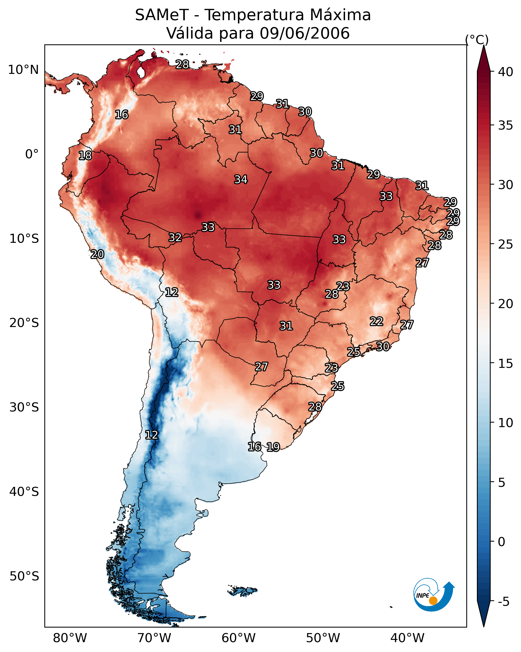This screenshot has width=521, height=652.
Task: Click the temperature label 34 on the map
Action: (241, 179)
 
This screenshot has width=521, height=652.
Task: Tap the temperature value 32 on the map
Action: (175, 238)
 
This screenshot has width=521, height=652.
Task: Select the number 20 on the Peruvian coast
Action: (97, 254)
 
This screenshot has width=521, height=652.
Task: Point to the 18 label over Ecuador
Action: (85, 156)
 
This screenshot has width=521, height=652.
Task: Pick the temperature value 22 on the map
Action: (377, 321)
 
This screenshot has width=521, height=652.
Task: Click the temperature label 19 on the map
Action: (273, 447)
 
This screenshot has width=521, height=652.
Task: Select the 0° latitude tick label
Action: (32, 154)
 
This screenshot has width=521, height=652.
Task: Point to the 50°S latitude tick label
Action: (24, 576)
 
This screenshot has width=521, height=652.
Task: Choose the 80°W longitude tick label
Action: (70, 638)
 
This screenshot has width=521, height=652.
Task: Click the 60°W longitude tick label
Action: (239, 638)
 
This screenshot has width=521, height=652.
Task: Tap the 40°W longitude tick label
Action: (407, 638)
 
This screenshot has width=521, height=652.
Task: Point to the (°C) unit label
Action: (477, 40)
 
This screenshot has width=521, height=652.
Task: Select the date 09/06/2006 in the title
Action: (304, 33)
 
